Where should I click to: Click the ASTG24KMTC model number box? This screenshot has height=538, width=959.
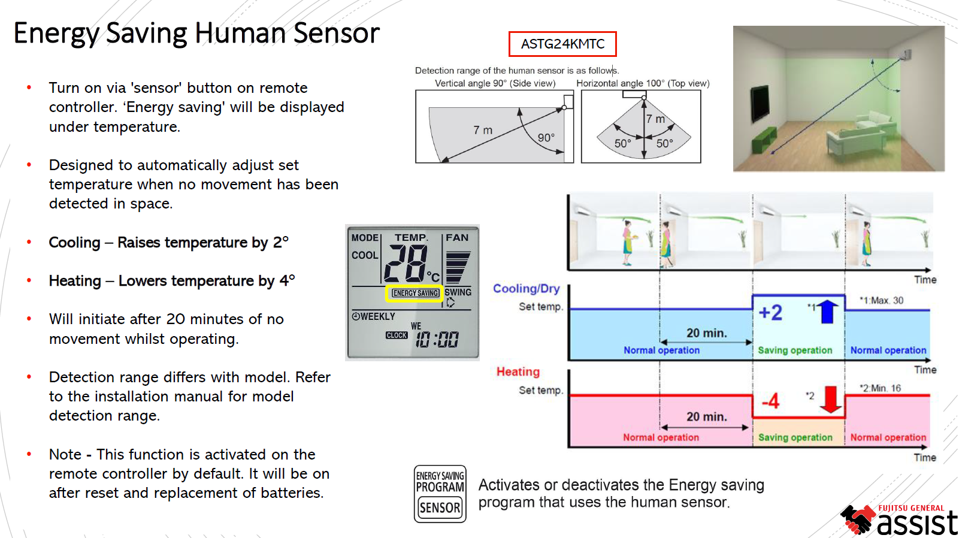pyautogui.click(x=562, y=44)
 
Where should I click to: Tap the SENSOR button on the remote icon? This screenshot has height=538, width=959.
pyautogui.click(x=440, y=508)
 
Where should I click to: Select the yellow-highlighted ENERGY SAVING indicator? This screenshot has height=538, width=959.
pyautogui.click(x=416, y=293)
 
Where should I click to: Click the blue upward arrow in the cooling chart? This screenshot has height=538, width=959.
pyautogui.click(x=827, y=311)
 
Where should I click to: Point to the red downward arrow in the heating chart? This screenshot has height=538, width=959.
pyautogui.click(x=831, y=400)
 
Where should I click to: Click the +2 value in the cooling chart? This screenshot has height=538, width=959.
pyautogui.click(x=770, y=312)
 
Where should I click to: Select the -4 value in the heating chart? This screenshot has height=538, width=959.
pyautogui.click(x=771, y=401)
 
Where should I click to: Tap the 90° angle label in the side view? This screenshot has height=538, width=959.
pyautogui.click(x=546, y=138)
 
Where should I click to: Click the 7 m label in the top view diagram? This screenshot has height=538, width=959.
pyautogui.click(x=655, y=119)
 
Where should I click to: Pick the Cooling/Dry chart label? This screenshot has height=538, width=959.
pyautogui.click(x=526, y=289)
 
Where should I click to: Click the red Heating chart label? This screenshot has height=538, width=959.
pyautogui.click(x=518, y=372)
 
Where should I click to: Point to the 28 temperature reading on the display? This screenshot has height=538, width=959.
pyautogui.click(x=406, y=264)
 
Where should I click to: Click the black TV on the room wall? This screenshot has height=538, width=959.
pyautogui.click(x=760, y=103)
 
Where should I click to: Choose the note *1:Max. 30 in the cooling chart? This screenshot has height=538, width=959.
pyautogui.click(x=881, y=300)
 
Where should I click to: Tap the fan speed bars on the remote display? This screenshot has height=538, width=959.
pyautogui.click(x=458, y=267)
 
